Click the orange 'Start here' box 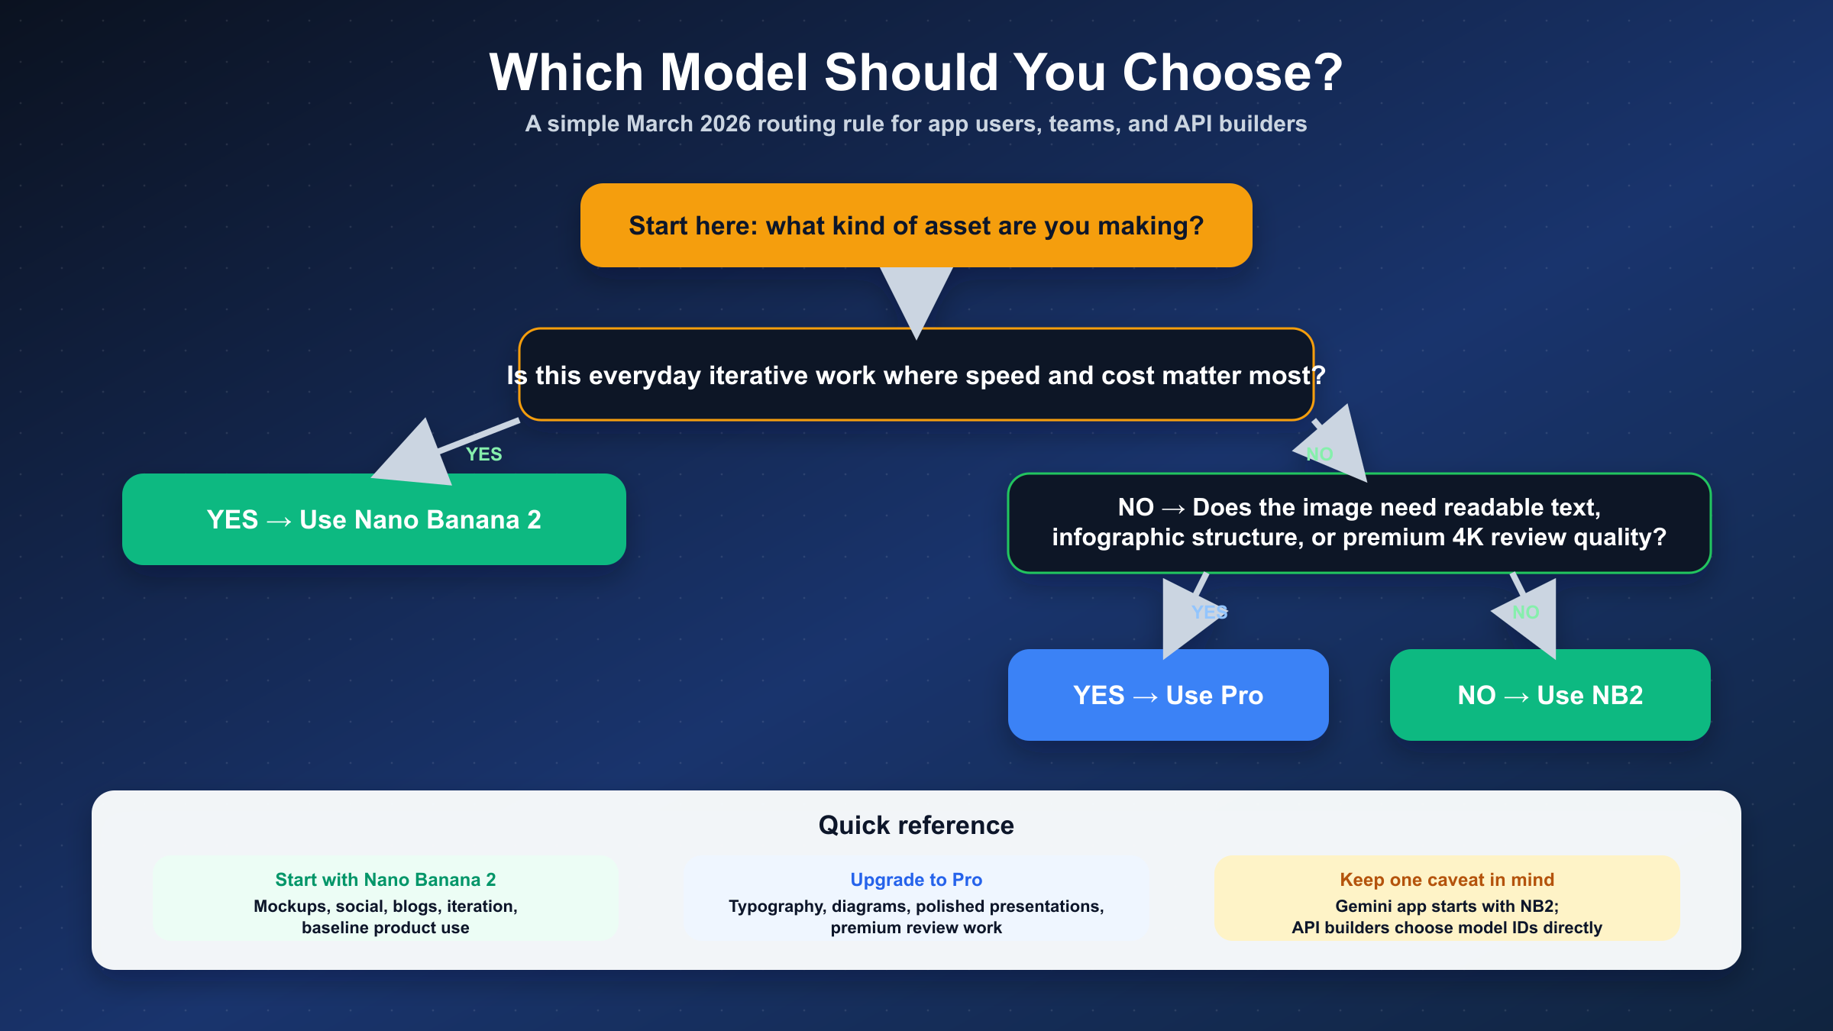(x=916, y=225)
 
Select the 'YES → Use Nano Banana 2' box (x=374, y=519)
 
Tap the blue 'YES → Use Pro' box (x=1169, y=695)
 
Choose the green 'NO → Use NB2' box (x=1550, y=695)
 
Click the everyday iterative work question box (x=916, y=374)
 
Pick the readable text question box (x=1359, y=523)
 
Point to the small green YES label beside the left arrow (x=484, y=454)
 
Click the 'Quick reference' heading (x=916, y=826)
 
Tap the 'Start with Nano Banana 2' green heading (x=386, y=880)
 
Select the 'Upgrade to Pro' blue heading (x=916, y=880)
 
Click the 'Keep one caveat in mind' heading (x=1447, y=880)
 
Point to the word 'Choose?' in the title (x=1232, y=73)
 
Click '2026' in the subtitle (x=725, y=124)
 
